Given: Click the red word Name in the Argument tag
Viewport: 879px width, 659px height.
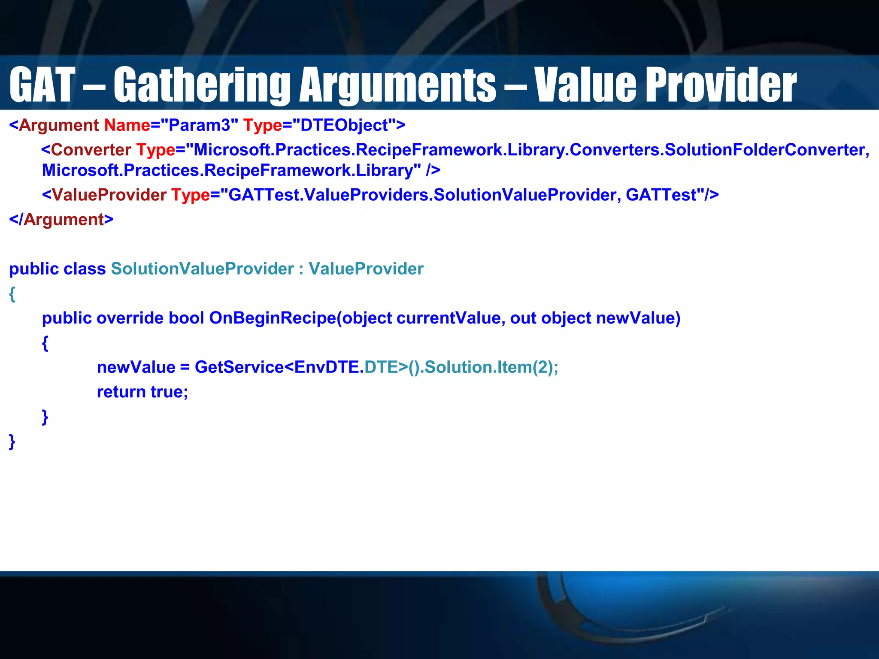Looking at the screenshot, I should coord(127,125).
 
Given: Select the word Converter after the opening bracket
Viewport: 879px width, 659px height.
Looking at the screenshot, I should coord(91,150).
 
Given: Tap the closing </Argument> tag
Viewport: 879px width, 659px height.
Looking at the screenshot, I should coord(61,220).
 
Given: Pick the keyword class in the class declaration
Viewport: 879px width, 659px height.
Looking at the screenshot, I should coord(84,269).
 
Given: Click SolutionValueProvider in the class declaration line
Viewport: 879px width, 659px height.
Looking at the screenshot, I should coord(202,269).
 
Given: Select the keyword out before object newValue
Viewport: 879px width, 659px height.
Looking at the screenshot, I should coord(523,318).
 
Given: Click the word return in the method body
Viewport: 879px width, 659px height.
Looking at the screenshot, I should coord(121,392).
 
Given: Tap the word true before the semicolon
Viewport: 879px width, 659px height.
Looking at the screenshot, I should coord(167,392).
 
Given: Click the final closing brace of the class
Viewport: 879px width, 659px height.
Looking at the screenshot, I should coord(12,441).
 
